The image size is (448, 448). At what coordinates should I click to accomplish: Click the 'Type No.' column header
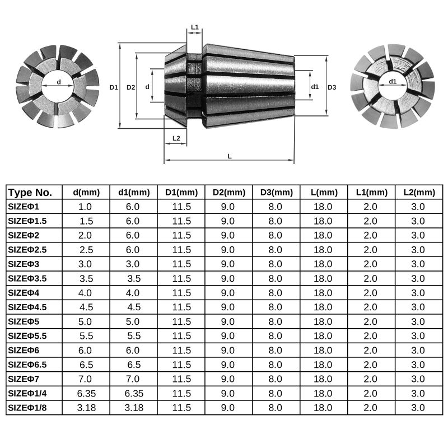coord(31,192)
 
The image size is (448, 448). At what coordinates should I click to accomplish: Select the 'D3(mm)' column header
coord(277,192)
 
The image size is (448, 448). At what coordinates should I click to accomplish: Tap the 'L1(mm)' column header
coord(371,192)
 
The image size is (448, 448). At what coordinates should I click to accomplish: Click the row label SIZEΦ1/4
coord(28,393)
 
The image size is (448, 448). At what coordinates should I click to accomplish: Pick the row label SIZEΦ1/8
coord(28,408)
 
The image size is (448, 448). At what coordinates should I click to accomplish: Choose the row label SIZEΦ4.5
coord(29,307)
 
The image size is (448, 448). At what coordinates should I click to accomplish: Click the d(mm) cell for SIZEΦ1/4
coord(86,393)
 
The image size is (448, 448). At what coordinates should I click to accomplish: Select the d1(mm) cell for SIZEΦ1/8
coord(134,408)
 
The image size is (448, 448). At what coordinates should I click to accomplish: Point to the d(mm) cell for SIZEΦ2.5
coord(86,249)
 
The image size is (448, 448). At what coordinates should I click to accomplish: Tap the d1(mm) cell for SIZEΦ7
coord(134,379)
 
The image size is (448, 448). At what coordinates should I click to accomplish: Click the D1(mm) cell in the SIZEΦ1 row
coord(181,206)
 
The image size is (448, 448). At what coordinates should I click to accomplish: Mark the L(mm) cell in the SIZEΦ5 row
coord(324,321)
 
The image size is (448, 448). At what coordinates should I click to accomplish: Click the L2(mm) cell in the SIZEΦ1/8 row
coord(418,408)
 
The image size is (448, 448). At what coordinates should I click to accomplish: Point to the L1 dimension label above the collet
coord(195,27)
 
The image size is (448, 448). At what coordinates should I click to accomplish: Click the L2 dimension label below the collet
coord(176,138)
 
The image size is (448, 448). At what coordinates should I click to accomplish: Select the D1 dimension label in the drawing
coord(114,87)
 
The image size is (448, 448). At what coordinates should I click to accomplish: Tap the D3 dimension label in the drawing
coord(332,87)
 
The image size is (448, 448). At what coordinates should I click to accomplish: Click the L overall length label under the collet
coord(230,156)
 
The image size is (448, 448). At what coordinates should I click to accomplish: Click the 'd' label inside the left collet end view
coord(59,82)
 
